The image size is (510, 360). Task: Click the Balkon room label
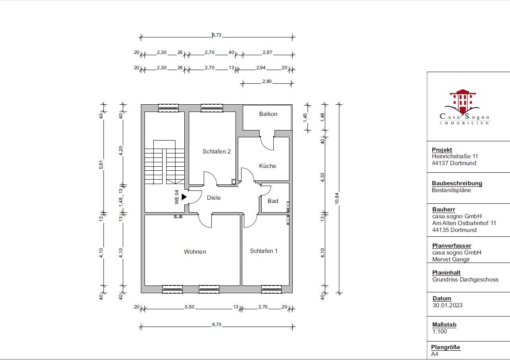point(268,114)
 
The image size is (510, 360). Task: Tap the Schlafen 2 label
point(217,151)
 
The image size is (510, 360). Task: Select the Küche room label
point(268,166)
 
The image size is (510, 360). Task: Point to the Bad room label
point(273,201)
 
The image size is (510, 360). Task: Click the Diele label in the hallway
point(214,198)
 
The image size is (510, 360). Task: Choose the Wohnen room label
point(195,252)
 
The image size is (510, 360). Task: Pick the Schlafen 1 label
point(264,251)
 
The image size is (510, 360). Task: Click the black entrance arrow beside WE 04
point(184,197)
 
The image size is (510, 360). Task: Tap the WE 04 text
point(176,197)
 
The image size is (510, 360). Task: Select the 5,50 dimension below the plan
point(190,307)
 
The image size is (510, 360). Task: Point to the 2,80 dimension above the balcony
point(267,81)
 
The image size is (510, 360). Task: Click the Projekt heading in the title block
point(442,150)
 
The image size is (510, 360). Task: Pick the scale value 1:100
point(439,331)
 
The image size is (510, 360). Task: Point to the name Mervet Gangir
point(451,259)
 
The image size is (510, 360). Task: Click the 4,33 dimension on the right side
point(322,178)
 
